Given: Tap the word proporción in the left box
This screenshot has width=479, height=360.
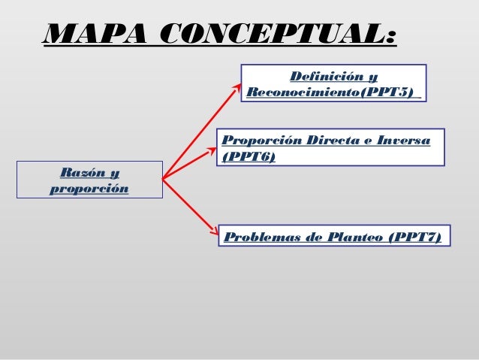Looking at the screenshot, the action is pos(89,188).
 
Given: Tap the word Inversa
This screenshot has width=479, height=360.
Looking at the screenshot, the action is pos(405,141).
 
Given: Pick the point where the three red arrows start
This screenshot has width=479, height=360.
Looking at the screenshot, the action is pos(163,179).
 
